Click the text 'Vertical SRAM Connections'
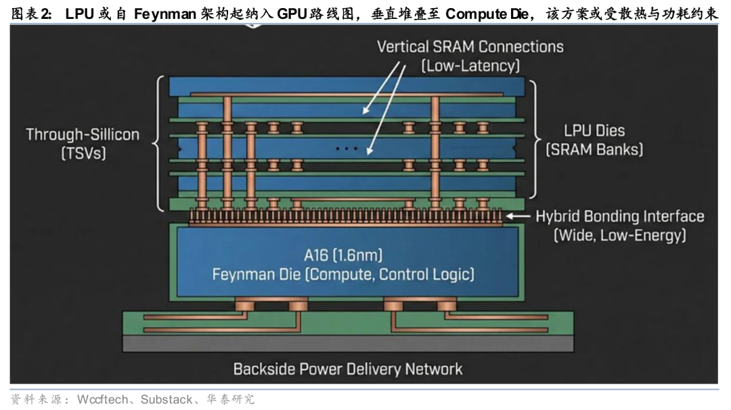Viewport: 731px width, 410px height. [x=470, y=47]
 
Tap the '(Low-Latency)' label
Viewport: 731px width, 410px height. [x=470, y=66]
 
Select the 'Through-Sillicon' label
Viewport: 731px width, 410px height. [x=83, y=134]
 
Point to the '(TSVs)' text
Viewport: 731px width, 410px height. [x=83, y=153]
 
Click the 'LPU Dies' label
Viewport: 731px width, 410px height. [x=594, y=131]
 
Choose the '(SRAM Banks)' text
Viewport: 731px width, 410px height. [x=594, y=149]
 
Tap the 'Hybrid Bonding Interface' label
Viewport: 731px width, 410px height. [x=620, y=217]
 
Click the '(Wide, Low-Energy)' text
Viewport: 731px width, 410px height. [x=620, y=235]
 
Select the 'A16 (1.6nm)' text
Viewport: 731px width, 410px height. [x=343, y=255]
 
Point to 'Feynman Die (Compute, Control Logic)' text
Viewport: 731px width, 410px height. [x=343, y=274]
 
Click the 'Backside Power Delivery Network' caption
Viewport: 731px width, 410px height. [x=348, y=369]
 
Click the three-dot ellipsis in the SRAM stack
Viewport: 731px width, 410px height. [x=346, y=148]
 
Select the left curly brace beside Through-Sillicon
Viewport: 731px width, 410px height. [x=159, y=143]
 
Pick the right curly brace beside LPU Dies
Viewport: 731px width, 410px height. [x=533, y=143]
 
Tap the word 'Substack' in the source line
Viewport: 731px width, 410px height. [x=166, y=399]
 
